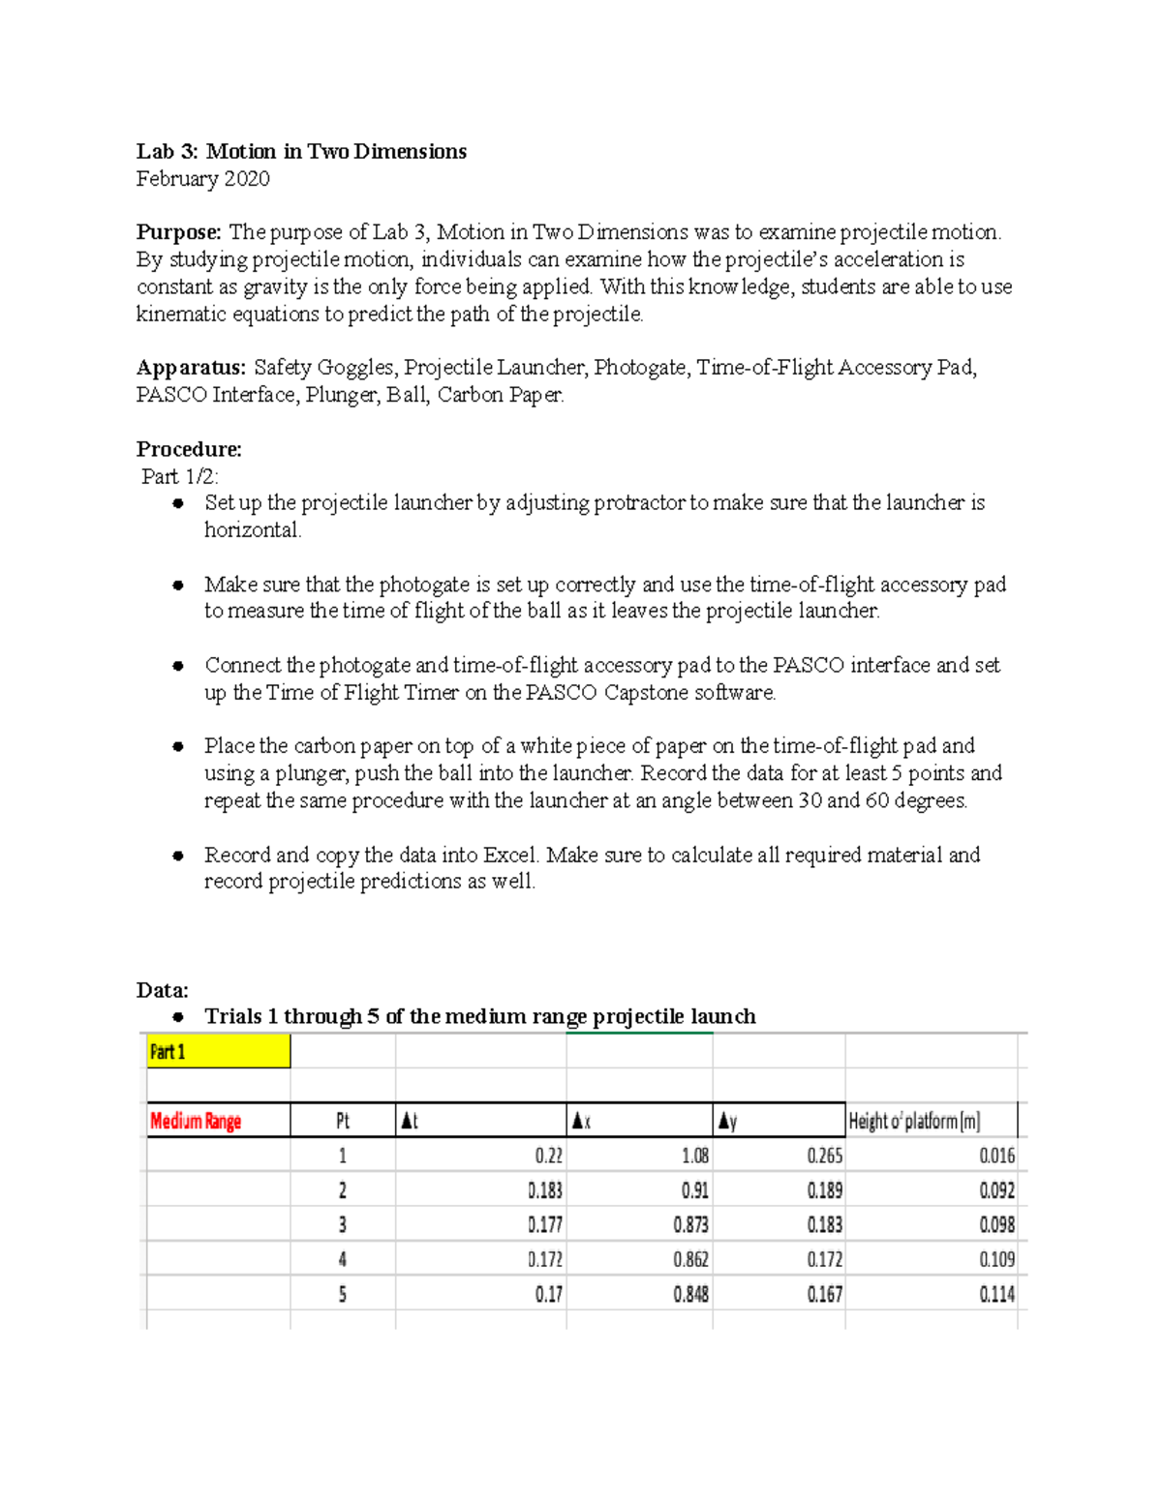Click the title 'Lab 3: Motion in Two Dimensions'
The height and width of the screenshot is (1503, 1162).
(301, 151)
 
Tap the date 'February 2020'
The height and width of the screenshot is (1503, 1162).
(202, 178)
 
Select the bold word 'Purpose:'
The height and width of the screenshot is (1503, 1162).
(179, 232)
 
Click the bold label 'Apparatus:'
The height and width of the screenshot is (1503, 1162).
(191, 368)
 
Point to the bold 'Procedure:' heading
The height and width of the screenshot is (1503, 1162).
(189, 449)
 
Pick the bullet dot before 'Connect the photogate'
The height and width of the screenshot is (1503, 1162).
(178, 666)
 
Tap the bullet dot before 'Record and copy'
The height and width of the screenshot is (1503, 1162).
(178, 856)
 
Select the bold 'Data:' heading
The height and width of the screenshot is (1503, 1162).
(163, 990)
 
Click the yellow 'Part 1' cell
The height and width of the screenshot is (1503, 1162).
(218, 1052)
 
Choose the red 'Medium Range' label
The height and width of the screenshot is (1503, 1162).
(196, 1121)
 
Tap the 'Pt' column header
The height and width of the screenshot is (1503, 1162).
(343, 1121)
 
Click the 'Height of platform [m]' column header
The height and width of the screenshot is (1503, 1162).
(914, 1121)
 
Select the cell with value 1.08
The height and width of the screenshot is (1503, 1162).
(694, 1156)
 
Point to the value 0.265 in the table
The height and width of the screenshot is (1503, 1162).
(824, 1156)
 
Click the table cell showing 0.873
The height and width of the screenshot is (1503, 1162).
(690, 1225)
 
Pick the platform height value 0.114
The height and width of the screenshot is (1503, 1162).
(996, 1295)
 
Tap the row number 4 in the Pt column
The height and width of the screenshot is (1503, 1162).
(343, 1260)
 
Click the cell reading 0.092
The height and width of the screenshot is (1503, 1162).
(996, 1190)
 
